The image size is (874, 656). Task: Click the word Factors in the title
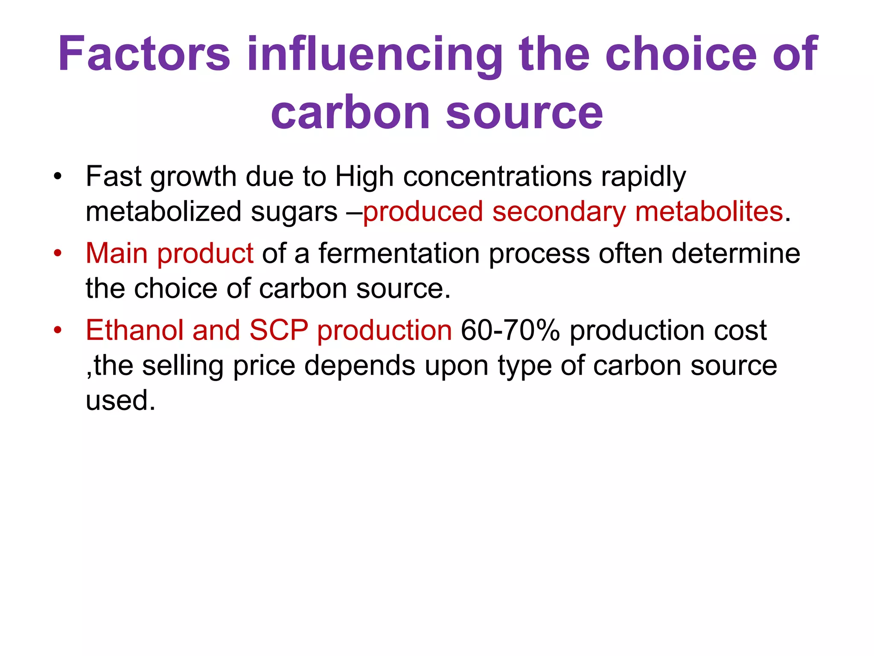144,54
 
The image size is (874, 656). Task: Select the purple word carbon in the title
350,113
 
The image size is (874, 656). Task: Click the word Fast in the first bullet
114,176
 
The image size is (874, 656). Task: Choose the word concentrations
498,176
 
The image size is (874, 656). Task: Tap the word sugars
294,211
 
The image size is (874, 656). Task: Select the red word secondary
559,211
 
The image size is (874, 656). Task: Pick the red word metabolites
709,211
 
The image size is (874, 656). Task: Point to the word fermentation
399,253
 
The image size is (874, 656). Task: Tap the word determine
736,253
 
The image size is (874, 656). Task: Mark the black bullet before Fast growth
58,176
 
